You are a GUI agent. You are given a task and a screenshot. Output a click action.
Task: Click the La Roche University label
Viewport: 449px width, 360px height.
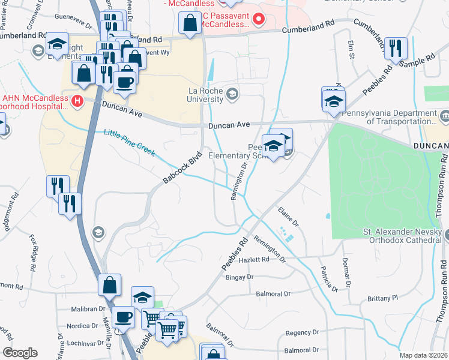tap(207, 95)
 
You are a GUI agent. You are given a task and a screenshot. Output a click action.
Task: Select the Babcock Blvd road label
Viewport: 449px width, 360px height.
tap(182, 163)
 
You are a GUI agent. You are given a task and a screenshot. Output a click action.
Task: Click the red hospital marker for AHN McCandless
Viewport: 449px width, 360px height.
tap(77, 101)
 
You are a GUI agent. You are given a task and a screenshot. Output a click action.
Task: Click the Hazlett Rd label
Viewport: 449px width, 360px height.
tap(255, 259)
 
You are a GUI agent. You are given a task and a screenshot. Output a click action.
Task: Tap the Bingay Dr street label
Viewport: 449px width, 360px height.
tap(240, 277)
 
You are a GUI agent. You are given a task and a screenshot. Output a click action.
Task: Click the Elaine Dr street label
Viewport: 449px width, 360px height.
tap(288, 216)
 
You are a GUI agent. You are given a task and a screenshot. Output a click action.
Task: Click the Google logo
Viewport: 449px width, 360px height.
tap(19, 353)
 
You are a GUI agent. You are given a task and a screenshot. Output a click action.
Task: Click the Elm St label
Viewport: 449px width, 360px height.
tap(351, 49)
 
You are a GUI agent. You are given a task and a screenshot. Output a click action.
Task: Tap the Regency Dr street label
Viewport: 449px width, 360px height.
tap(303, 332)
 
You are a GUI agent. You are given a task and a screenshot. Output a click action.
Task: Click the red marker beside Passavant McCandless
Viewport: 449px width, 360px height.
tap(259, 19)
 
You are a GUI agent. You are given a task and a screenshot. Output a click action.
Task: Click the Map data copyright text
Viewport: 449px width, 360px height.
tap(423, 355)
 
